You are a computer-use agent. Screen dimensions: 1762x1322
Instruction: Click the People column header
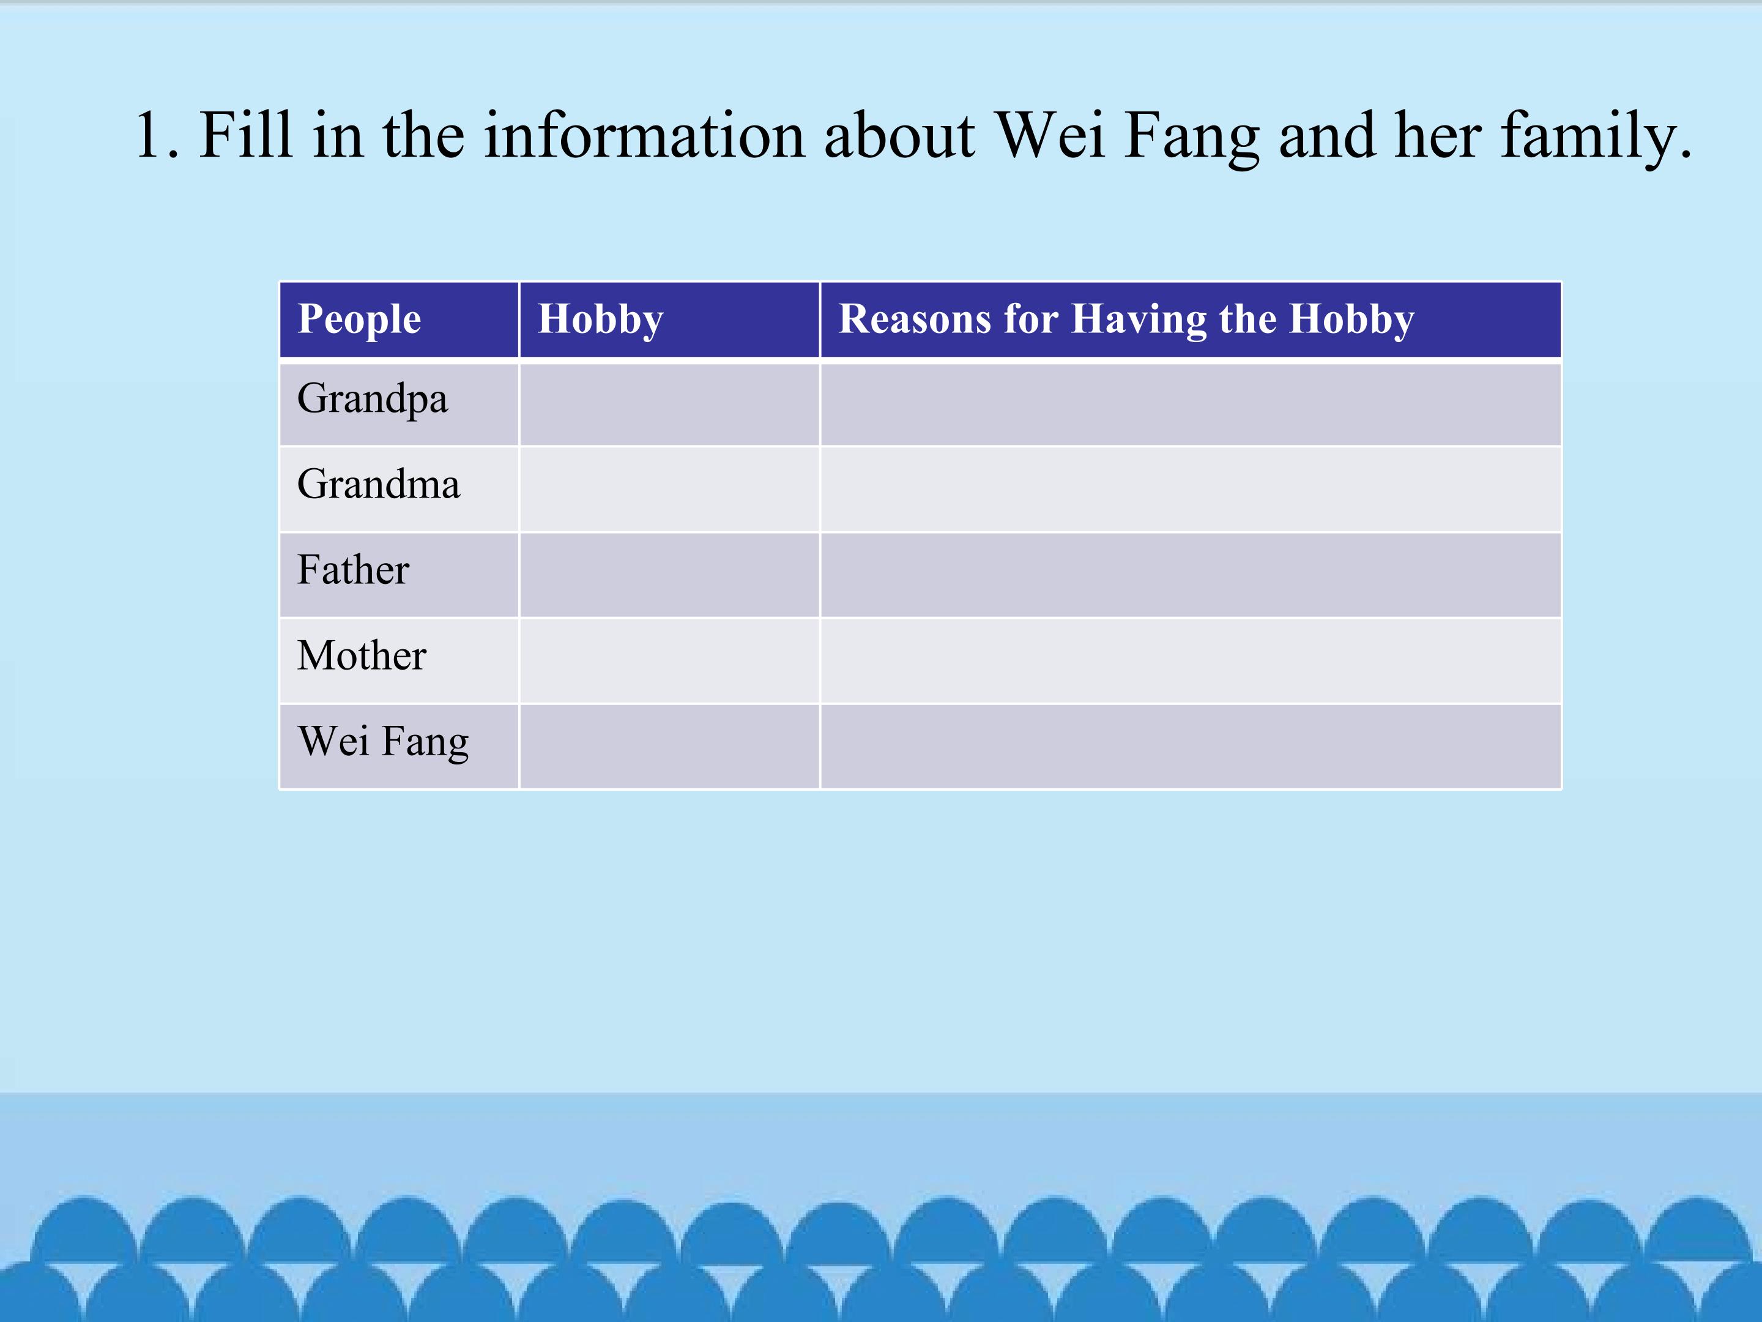point(359,319)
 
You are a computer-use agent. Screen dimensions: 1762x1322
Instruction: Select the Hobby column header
point(601,319)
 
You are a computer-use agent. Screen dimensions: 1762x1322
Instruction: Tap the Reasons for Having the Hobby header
point(1126,319)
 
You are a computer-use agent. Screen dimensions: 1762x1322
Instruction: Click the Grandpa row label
point(372,399)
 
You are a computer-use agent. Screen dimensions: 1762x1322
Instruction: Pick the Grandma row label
point(378,484)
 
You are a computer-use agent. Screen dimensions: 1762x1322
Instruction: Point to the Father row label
point(353,569)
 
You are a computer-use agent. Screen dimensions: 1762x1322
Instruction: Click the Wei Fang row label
point(383,742)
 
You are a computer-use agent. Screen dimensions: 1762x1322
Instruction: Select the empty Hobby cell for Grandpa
point(669,404)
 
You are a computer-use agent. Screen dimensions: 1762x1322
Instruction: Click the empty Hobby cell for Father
point(669,575)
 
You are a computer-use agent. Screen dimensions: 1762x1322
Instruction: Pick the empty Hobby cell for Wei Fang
point(669,747)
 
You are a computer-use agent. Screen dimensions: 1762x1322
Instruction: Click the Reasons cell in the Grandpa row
point(1190,404)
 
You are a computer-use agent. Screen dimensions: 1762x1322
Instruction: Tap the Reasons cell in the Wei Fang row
point(1190,747)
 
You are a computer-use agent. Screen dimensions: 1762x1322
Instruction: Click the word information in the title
point(644,134)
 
